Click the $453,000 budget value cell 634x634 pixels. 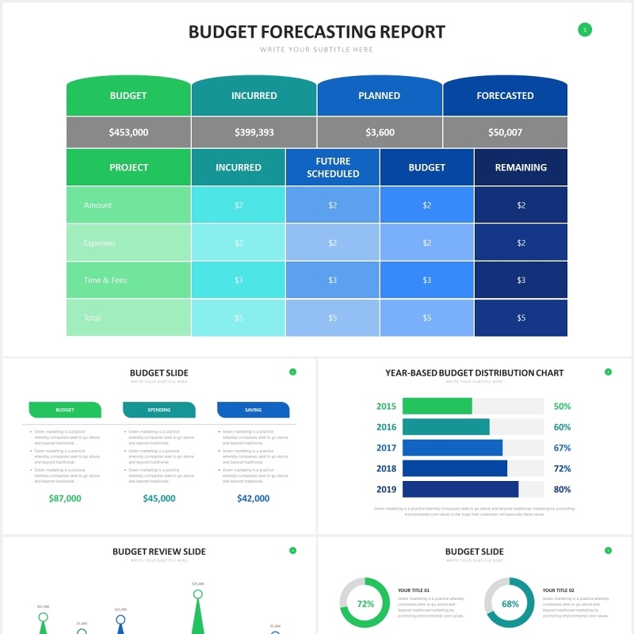[x=128, y=132]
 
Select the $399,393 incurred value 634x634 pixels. [x=254, y=132]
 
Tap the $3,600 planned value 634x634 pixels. [x=380, y=132]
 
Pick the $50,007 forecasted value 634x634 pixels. [x=505, y=132]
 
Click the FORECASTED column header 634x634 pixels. [x=505, y=96]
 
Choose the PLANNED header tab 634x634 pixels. [x=380, y=96]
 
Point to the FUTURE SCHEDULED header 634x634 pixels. [x=333, y=167]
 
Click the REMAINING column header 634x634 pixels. [x=521, y=167]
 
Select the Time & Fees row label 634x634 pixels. [x=105, y=280]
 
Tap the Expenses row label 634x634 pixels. [x=100, y=243]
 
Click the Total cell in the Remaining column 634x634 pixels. [x=521, y=318]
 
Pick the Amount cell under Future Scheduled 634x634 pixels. [x=333, y=205]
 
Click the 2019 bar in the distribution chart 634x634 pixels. [x=460, y=489]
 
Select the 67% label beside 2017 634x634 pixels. [x=562, y=448]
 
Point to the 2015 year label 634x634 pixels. [x=386, y=407]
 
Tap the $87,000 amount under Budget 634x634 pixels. [x=65, y=498]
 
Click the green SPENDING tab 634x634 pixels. [x=159, y=410]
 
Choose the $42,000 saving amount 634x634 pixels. [x=253, y=498]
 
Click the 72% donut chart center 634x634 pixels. [x=365, y=603]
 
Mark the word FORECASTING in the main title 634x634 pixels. [x=317, y=32]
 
